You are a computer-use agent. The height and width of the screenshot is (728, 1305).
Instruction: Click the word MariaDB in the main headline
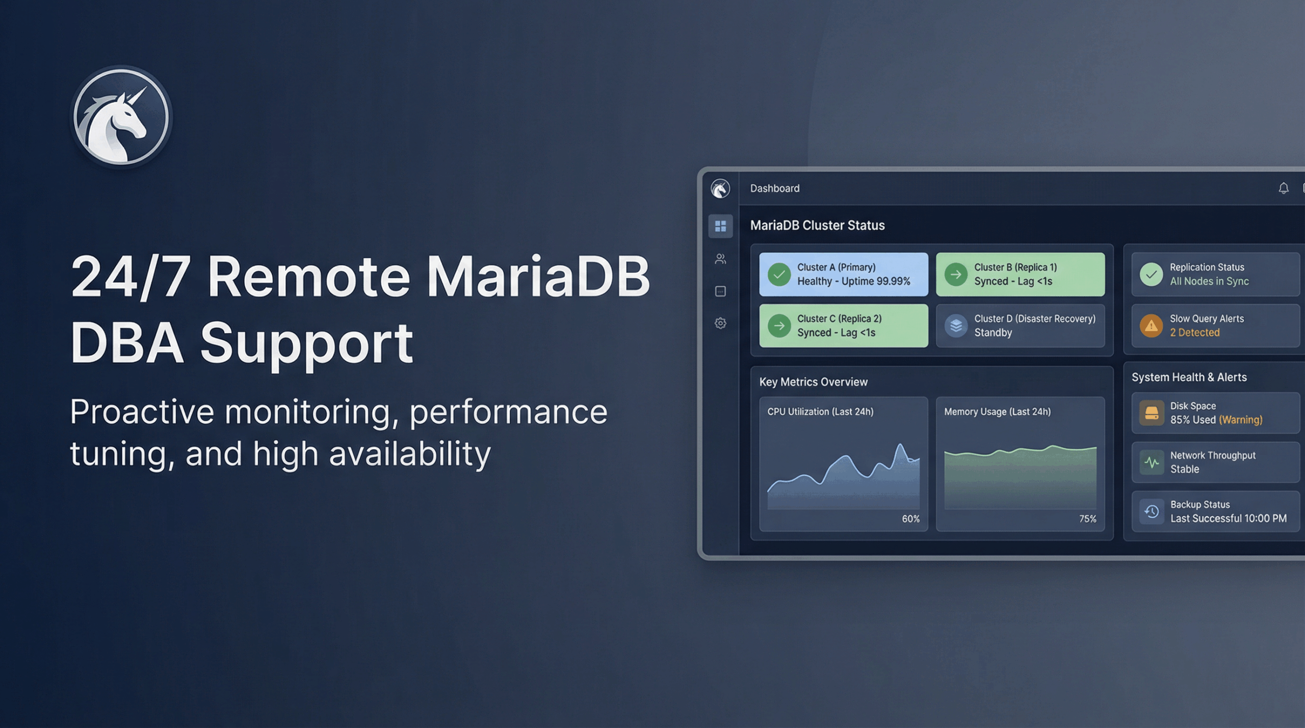538,277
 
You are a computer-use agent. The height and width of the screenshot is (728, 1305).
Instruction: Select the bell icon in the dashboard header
1283,188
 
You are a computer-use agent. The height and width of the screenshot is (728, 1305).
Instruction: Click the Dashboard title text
774,188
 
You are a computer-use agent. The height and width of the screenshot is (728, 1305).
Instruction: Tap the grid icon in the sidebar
720,226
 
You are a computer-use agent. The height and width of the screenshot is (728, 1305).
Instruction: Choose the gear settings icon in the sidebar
720,323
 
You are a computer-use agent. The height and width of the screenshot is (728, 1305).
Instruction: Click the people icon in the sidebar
720,259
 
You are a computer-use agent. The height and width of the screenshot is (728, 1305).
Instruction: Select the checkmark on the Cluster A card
779,275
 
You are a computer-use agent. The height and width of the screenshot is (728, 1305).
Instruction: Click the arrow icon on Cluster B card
956,275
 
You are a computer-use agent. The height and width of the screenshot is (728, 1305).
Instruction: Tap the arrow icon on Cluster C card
779,326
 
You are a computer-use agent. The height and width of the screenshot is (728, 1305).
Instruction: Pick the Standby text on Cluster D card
993,333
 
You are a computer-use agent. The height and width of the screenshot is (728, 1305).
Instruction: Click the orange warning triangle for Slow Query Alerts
1151,326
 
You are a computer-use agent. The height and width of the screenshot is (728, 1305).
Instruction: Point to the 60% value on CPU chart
910,519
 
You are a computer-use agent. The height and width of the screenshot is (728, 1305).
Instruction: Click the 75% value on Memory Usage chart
1087,519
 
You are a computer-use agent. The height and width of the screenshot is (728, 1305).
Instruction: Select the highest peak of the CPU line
901,445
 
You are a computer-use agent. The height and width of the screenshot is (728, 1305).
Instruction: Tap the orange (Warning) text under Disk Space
1240,420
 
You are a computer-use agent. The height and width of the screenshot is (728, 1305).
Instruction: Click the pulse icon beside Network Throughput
1152,463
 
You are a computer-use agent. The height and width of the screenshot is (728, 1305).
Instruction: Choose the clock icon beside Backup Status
1152,511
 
